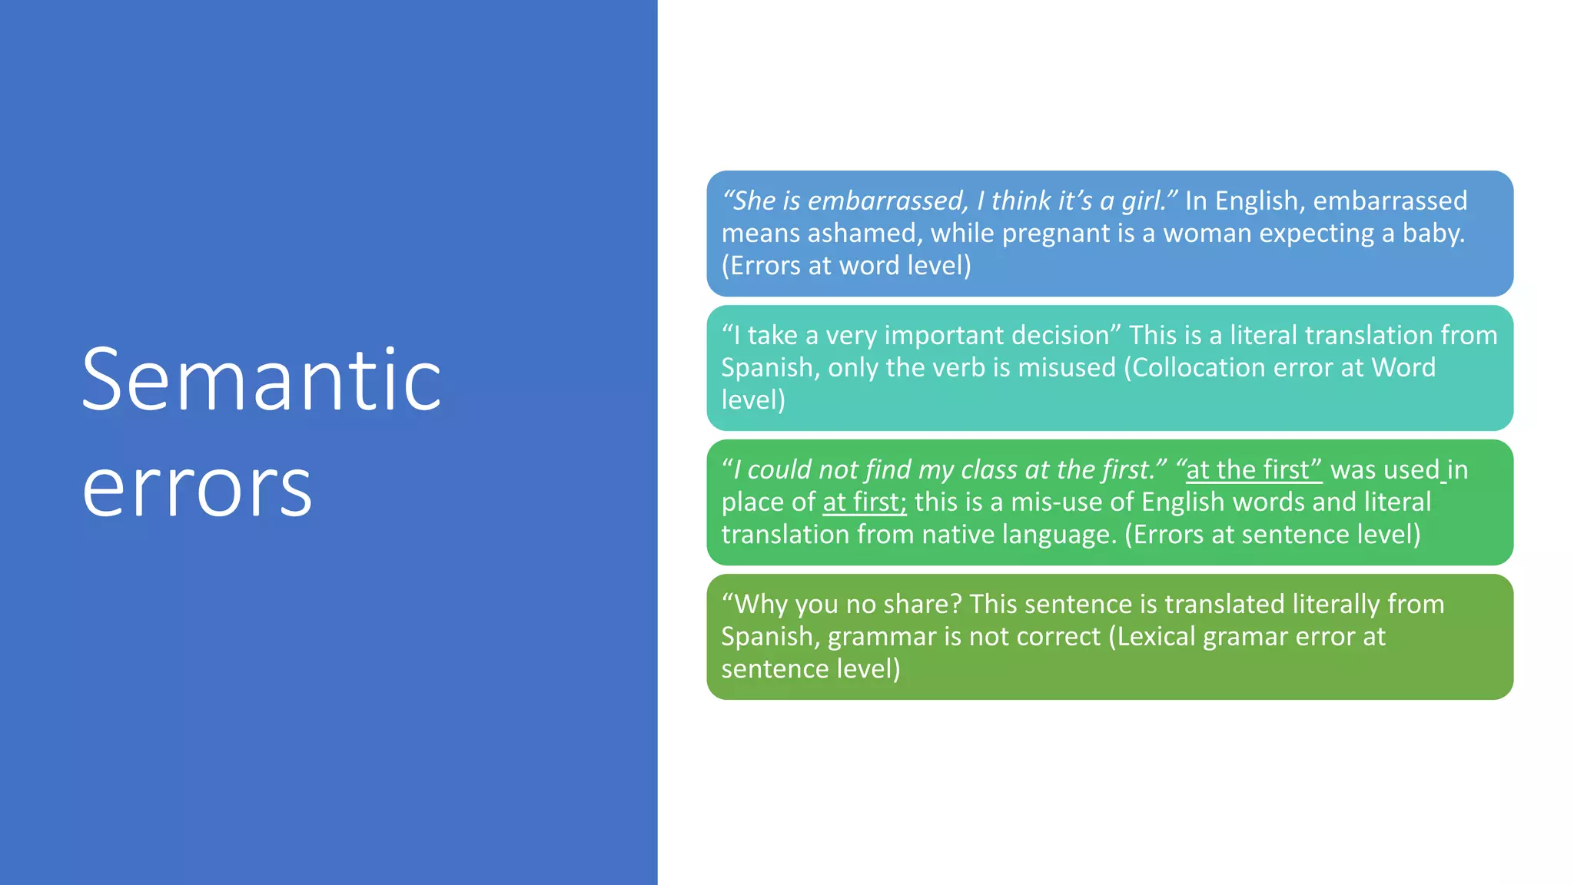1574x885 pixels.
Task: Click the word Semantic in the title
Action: pos(261,381)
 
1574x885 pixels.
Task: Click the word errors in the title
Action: pos(197,489)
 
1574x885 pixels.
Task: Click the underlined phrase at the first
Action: pos(1254,470)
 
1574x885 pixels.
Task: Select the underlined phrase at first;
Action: pos(864,502)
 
